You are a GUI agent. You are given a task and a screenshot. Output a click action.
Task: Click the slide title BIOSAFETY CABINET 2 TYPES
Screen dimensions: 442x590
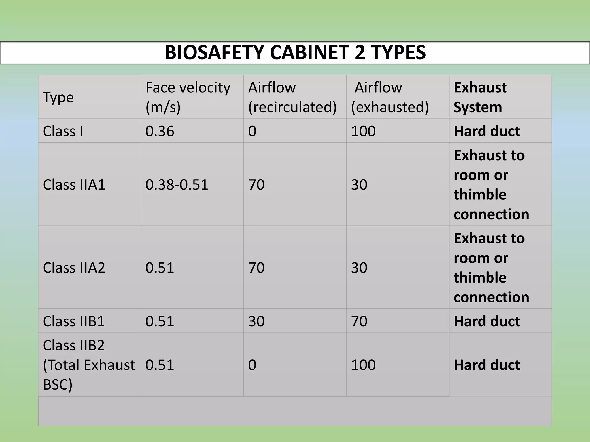pos(295,53)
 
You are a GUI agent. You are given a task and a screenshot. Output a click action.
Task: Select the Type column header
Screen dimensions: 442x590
pos(58,97)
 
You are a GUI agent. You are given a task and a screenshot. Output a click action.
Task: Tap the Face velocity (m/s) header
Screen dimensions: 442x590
pos(188,97)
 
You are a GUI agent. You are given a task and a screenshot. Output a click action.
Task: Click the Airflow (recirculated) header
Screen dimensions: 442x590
pos(292,97)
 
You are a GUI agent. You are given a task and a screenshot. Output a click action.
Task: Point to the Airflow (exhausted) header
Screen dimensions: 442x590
pos(390,97)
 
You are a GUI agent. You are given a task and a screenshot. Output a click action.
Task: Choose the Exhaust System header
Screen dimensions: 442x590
pos(480,97)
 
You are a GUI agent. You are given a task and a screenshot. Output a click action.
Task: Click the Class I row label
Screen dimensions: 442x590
pos(63,131)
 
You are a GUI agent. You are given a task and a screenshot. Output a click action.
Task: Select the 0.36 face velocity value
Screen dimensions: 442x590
pos(160,131)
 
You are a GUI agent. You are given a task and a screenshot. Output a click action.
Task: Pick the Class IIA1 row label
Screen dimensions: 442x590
pos(74,185)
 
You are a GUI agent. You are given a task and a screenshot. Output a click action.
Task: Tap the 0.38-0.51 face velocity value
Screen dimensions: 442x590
pos(177,185)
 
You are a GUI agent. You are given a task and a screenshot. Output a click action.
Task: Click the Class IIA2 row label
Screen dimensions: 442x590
pos(74,268)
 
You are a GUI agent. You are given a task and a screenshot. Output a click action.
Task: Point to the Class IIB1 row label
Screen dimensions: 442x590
pos(74,321)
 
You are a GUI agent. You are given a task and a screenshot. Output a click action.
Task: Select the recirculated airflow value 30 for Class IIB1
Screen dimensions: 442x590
pos(256,321)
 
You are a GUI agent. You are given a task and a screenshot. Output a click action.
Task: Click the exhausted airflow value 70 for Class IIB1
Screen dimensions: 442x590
pos(359,321)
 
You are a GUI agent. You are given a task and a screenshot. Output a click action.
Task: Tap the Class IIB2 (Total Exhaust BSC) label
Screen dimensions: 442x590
pos(88,365)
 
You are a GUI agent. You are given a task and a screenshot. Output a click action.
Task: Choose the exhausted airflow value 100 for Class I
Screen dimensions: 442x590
pos(363,131)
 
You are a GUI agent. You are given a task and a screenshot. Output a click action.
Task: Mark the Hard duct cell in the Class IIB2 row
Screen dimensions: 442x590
pos(487,365)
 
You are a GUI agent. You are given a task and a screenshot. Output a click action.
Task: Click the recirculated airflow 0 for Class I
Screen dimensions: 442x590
pos(252,131)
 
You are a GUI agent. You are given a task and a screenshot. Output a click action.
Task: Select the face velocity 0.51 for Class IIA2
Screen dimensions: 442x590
pos(160,268)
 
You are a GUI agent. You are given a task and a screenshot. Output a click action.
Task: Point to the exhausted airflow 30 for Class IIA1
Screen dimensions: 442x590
pos(359,185)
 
